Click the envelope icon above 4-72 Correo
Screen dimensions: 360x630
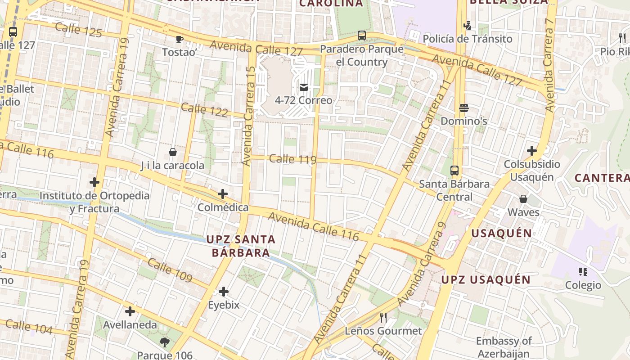(x=304, y=87)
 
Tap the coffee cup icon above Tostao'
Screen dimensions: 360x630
(x=180, y=39)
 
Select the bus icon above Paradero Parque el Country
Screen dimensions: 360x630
(x=361, y=36)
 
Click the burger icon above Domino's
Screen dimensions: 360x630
(x=464, y=108)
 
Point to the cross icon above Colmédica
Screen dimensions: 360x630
(x=223, y=194)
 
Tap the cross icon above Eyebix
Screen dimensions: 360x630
(x=224, y=292)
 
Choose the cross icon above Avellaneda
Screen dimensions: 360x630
(x=130, y=311)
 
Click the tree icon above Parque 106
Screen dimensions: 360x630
(x=165, y=342)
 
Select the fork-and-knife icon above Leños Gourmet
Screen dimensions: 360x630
(x=383, y=318)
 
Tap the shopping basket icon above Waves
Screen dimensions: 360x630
(x=523, y=198)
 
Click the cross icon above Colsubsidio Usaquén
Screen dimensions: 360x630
(x=532, y=150)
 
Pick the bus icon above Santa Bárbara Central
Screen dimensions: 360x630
(x=454, y=171)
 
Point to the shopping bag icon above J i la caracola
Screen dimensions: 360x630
(x=173, y=152)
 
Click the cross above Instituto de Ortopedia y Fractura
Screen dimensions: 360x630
(x=94, y=182)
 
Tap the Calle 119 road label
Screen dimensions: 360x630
(x=292, y=159)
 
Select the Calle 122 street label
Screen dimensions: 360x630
(x=204, y=109)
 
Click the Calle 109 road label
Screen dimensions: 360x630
(x=170, y=270)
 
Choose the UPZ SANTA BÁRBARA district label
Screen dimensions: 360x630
(x=241, y=246)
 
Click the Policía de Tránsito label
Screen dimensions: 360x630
(x=468, y=39)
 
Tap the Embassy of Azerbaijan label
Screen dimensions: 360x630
(x=504, y=347)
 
